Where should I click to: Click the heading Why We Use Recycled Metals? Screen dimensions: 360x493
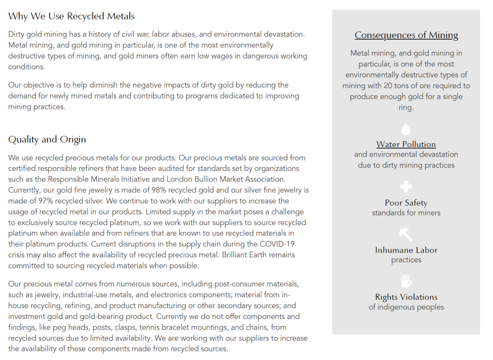pos(71,16)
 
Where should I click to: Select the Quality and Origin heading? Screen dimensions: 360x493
pos(47,140)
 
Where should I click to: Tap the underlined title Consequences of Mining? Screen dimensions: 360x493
pos(406,35)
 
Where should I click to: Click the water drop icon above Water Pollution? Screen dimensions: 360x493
pos(406,129)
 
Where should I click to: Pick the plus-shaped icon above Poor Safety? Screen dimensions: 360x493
pos(406,187)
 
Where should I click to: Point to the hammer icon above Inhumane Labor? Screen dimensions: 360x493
pos(405,234)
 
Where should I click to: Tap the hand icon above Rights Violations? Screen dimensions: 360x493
pos(406,281)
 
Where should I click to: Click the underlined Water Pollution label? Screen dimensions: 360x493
pos(406,144)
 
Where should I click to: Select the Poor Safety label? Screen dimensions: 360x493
pos(406,203)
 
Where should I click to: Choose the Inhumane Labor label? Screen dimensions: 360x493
pos(406,250)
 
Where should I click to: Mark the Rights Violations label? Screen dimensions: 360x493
pos(406,297)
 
